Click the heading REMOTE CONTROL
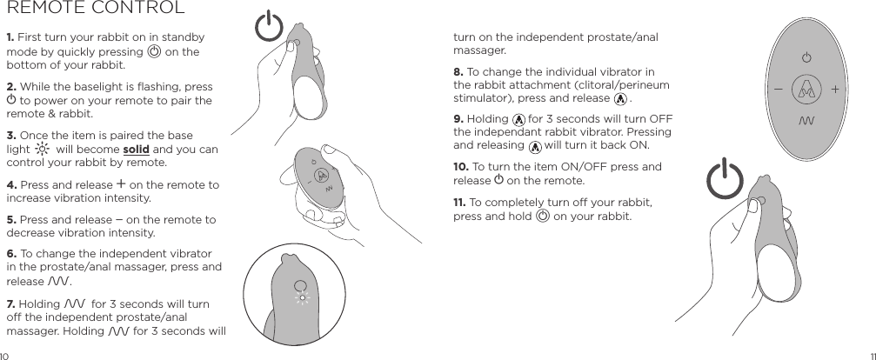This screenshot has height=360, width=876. pos(95,10)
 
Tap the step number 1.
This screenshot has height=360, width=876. pos(10,37)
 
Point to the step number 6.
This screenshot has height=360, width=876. pos(10,253)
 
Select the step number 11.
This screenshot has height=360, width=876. pos(460,203)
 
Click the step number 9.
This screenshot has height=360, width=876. pos(458,118)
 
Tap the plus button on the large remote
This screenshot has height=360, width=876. pos(835,89)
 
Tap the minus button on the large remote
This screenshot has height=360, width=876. pos(777,89)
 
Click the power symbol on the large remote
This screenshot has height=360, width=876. pos(806,58)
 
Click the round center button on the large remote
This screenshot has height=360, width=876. pos(806,89)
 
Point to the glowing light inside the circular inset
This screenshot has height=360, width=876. pos(303,298)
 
